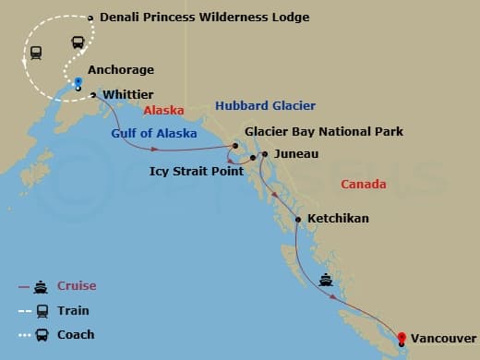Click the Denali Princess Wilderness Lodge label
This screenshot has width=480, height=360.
(204, 18)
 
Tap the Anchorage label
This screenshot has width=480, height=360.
(121, 70)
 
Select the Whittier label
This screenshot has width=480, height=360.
(128, 95)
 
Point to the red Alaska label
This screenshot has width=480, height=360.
(163, 110)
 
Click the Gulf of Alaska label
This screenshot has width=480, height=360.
(154, 134)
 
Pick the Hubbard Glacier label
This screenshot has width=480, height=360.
(265, 106)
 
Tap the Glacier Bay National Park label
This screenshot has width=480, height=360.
(324, 132)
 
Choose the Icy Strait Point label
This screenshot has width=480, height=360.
(197, 171)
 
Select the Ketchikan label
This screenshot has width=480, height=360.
(337, 219)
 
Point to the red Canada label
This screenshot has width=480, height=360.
(364, 185)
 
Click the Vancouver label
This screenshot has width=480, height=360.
(444, 339)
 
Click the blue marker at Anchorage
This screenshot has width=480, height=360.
(78, 82)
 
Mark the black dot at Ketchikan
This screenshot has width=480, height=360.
(298, 219)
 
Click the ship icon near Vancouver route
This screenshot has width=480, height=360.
(326, 279)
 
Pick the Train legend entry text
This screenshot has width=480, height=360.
(75, 311)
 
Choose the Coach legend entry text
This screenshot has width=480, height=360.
(76, 335)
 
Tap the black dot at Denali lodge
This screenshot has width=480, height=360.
(90, 18)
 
